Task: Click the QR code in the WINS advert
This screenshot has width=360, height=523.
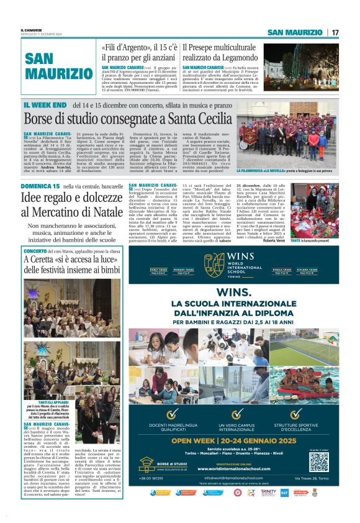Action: tap(318, 462)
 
